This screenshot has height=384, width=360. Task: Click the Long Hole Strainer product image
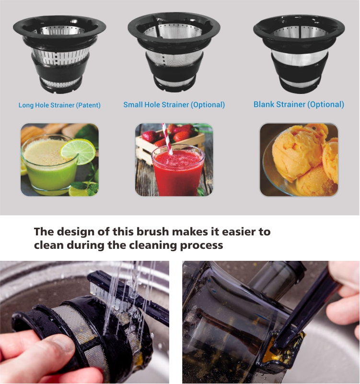pos(59,54)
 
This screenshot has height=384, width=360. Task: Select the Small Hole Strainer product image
pos(174,51)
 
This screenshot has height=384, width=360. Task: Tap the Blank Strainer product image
pos(299,53)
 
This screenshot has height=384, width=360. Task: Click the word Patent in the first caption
pos(88,105)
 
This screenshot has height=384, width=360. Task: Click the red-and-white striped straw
pos(167,139)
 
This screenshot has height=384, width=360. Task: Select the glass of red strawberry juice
pos(178,170)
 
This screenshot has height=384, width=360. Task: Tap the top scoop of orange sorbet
pos(298,151)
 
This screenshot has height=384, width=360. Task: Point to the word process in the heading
pos(201,245)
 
